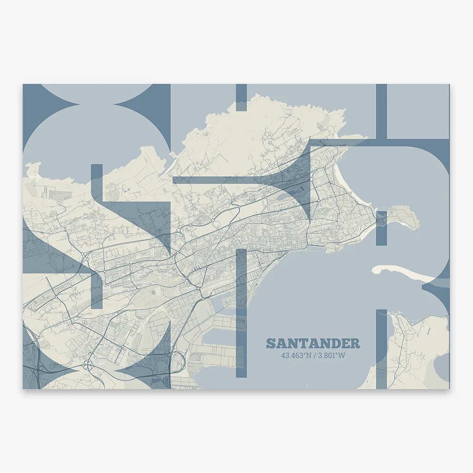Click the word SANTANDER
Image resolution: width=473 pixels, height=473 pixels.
(x=313, y=344)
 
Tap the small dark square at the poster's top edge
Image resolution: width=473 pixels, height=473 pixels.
(x=241, y=97)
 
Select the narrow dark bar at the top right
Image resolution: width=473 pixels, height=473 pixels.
(x=381, y=111)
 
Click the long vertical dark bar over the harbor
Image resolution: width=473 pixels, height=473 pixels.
(x=242, y=314)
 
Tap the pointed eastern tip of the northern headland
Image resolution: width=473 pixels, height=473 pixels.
(x=345, y=110)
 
